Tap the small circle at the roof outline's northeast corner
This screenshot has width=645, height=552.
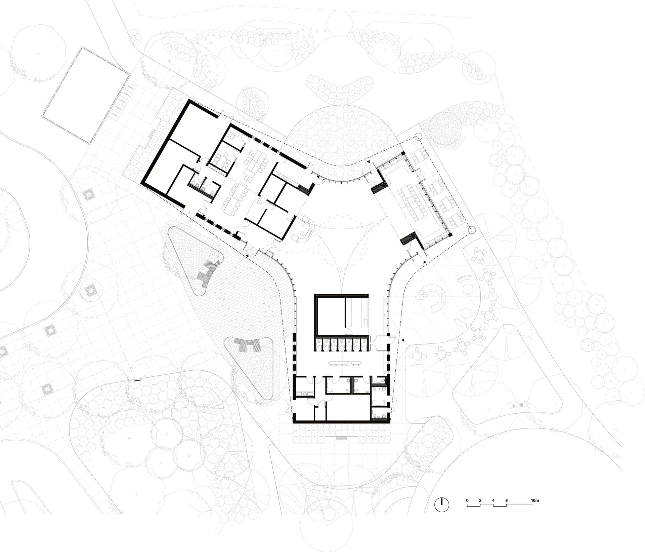pyautogui.click(x=418, y=137)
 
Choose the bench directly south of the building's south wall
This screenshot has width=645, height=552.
pyautogui.click(x=342, y=438)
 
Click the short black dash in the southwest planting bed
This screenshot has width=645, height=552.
pyautogui.click(x=137, y=381)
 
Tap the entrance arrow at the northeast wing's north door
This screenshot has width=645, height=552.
pyautogui.click(x=369, y=162)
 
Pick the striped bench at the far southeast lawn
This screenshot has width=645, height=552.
pyautogui.click(x=518, y=405)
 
